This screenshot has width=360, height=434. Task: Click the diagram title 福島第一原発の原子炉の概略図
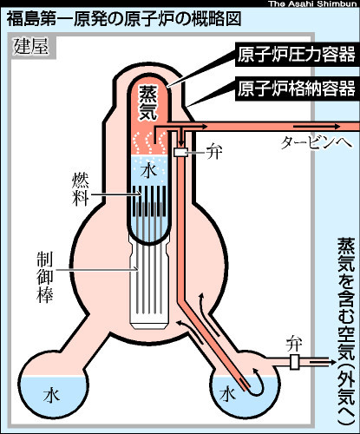(124, 19)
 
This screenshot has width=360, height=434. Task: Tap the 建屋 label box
(31, 46)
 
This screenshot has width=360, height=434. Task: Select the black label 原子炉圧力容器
(296, 55)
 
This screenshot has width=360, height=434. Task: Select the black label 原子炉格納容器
(296, 89)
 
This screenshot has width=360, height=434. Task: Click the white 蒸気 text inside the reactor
(148, 102)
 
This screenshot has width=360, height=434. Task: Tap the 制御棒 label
(45, 277)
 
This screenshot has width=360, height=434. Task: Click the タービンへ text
(317, 142)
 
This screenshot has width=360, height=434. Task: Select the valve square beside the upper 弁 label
(180, 152)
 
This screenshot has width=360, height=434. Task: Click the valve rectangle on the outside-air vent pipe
(294, 362)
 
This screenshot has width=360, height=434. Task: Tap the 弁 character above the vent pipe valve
(294, 344)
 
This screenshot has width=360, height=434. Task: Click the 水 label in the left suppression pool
(52, 395)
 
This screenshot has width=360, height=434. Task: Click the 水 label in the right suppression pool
(227, 395)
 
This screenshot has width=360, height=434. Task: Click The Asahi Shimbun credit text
(313, 3)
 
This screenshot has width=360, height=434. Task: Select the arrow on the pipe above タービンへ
(317, 126)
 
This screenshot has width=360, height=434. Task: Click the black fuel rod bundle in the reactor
(149, 201)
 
